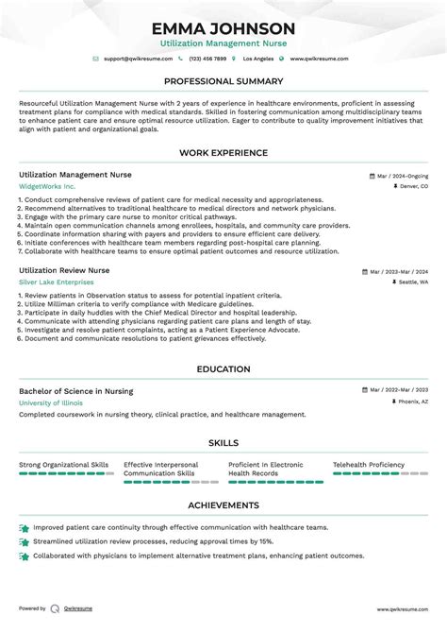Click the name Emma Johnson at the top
pos(223,28)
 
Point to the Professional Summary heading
pos(223,81)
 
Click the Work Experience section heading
pos(223,153)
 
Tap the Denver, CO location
pos(413,187)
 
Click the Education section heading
pos(223,369)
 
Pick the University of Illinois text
pos(51,402)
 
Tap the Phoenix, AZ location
pos(413,402)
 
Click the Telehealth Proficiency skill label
pos(369,465)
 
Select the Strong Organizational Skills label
pos(64,465)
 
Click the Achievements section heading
pos(223,505)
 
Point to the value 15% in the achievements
pos(266,542)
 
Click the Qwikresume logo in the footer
pos(56,609)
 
